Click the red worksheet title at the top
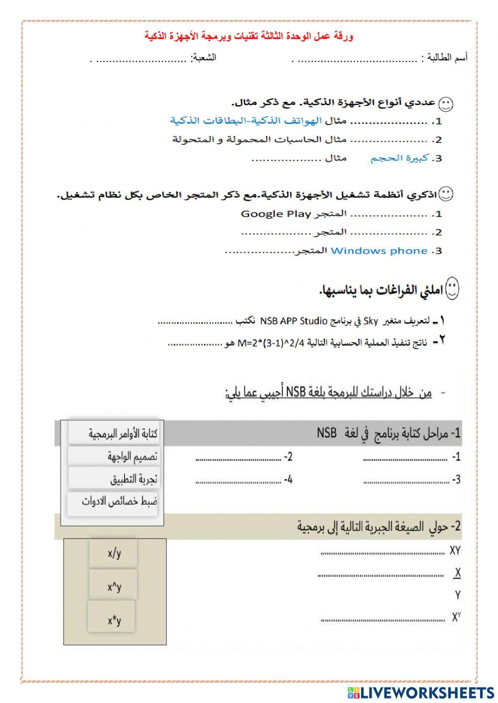[x=249, y=36]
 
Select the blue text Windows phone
[x=378, y=251]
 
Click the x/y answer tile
[x=114, y=553]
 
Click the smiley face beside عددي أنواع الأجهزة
[x=445, y=104]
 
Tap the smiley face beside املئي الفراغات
[x=452, y=290]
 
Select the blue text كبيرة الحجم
[x=399, y=158]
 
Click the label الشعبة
[x=204, y=57]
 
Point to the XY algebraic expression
[x=455, y=551]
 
